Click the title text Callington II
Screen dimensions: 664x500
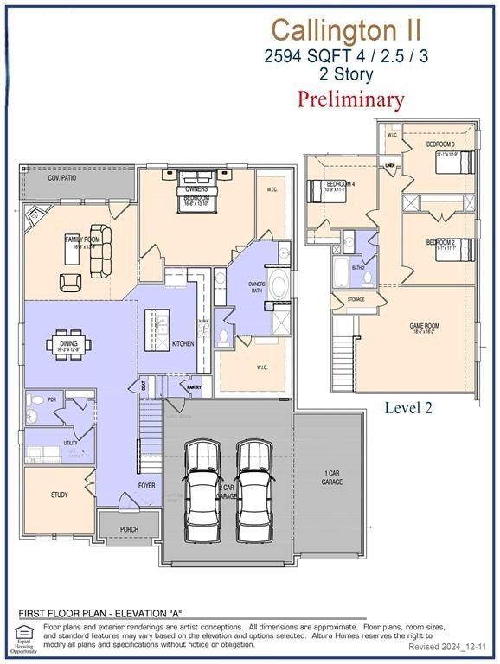click(347, 29)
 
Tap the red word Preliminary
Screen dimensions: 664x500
click(350, 99)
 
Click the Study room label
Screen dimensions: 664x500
click(59, 495)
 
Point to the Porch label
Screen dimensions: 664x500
click(129, 529)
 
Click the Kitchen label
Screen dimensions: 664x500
click(183, 344)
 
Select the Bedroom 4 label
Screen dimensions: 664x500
click(340, 183)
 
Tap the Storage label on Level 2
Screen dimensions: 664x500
click(356, 300)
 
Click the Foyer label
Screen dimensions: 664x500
click(147, 486)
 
